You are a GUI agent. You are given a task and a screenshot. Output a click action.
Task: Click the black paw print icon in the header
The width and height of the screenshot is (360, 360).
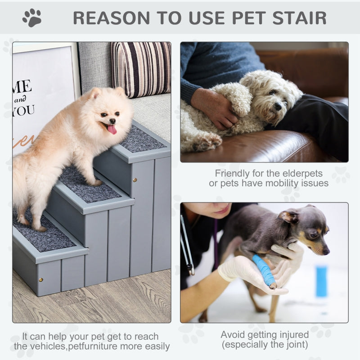pos(32,18)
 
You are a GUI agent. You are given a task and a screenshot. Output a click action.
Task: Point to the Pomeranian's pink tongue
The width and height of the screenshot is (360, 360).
pos(112,130)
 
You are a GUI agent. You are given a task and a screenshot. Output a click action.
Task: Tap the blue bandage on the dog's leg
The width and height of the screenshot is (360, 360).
pos(264,270)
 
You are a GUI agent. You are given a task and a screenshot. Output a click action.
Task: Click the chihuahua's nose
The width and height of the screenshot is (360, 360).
pos(326,251)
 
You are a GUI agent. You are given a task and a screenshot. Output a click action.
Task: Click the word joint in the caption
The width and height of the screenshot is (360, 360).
pos(297,345)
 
